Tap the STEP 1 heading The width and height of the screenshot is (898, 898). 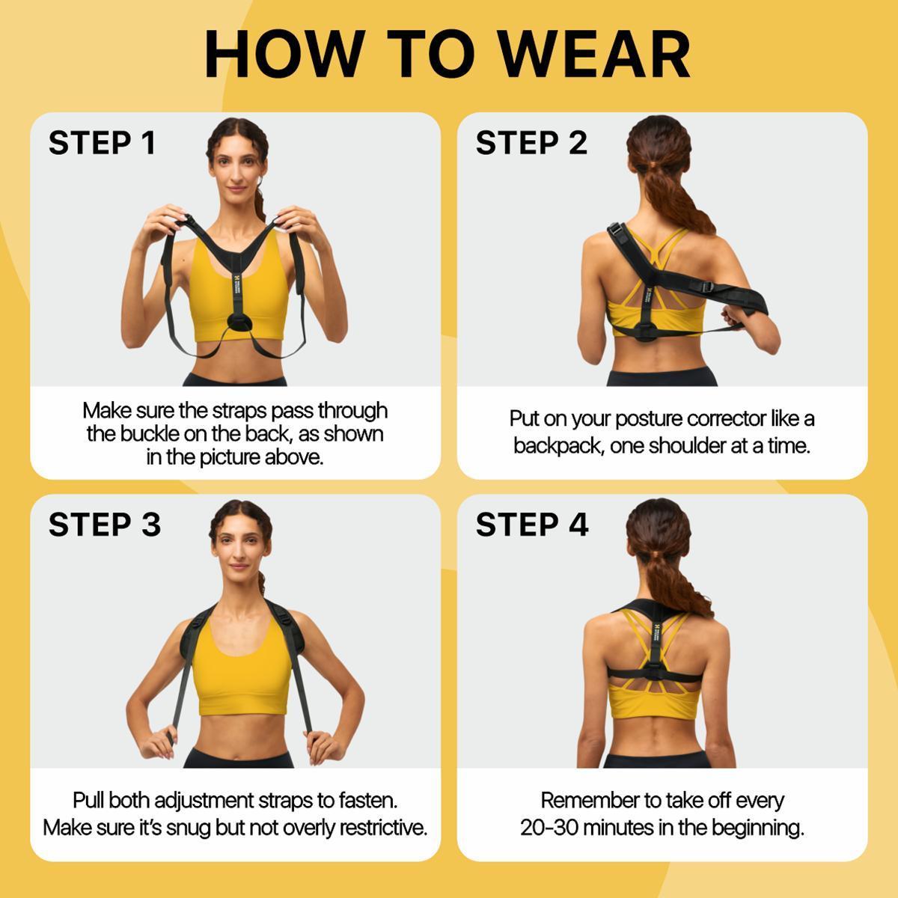[102, 143]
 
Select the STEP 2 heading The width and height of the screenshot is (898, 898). [531, 143]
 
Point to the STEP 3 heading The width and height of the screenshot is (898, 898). [104, 525]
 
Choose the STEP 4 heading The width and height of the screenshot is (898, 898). [531, 525]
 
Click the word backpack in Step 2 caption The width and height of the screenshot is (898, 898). [558, 446]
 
